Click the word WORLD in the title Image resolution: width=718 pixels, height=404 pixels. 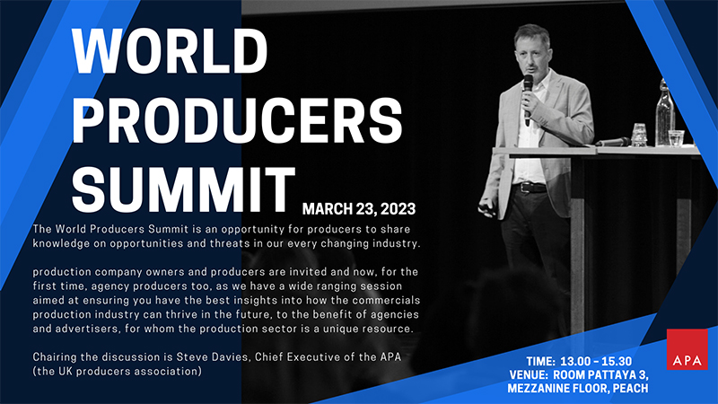coord(170,51)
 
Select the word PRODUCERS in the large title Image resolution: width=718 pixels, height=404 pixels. coord(237,120)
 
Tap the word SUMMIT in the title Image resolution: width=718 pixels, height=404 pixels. coord(184,189)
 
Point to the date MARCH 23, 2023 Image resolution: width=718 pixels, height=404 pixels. coord(359,209)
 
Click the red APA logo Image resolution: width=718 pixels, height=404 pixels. coord(687,349)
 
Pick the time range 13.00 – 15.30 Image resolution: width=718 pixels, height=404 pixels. coord(596,362)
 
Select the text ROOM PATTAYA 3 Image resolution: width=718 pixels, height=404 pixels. coord(600,374)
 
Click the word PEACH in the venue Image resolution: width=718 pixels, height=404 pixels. coord(631,389)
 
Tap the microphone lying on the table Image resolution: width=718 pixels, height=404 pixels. coord(613,142)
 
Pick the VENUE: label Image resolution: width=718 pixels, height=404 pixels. coord(529,374)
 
